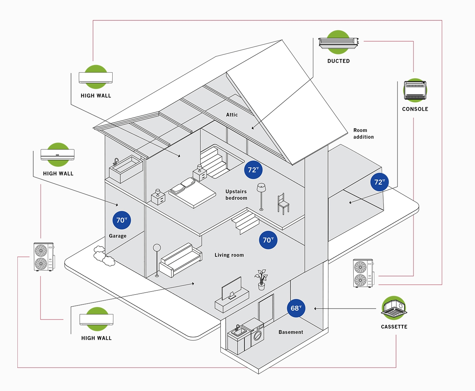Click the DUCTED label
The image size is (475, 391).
coord(338,61)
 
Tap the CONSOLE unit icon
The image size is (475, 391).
coord(415,90)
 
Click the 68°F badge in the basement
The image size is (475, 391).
coord(296,308)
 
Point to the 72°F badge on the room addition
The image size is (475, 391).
coord(379,182)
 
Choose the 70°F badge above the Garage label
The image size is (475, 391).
coord(122,220)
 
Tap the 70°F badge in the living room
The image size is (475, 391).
coord(268,240)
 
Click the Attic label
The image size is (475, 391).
coord(232,115)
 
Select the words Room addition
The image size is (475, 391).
coord(363,133)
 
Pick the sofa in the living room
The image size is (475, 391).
coord(180,261)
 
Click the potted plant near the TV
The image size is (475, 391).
coord(261,280)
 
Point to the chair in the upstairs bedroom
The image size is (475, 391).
coord(283,204)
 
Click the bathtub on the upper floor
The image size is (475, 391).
coord(125,169)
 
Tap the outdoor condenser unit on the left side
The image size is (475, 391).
coord(43,257)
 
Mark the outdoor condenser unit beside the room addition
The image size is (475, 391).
coord(363,273)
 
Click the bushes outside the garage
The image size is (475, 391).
coord(104,255)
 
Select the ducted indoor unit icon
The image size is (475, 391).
coord(338,42)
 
